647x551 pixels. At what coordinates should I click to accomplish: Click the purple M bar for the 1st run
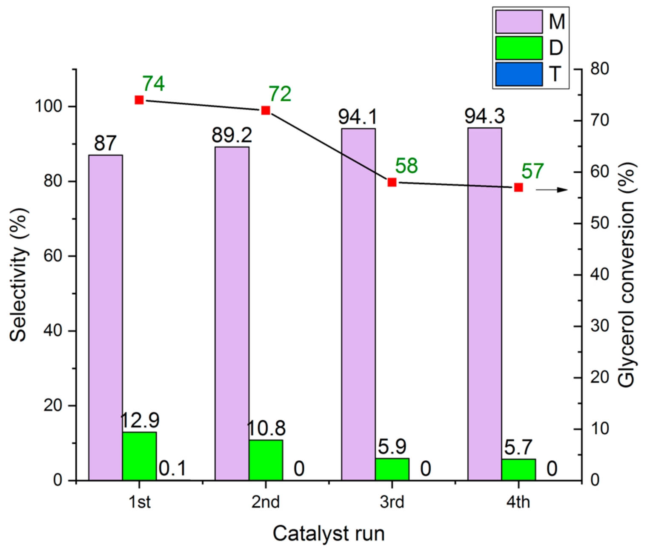[106, 317]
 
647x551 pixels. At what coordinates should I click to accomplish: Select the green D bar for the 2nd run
[266, 460]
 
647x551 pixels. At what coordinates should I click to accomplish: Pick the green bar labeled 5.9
[392, 469]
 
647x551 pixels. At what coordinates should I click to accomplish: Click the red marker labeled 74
[139, 100]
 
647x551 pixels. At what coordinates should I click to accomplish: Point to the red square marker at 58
[392, 182]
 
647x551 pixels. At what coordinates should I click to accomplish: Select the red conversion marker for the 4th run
[518, 187]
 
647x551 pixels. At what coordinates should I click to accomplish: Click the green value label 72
[280, 94]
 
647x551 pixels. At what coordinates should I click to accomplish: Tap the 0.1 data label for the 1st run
[172, 469]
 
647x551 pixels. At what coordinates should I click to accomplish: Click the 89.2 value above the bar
[232, 135]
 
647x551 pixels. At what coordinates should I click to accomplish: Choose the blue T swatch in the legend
[519, 74]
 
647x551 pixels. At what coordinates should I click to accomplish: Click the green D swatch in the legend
[519, 48]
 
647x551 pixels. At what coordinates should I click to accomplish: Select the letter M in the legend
[556, 22]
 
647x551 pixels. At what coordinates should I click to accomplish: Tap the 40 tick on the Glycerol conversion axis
[599, 275]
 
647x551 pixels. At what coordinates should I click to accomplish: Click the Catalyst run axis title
[328, 534]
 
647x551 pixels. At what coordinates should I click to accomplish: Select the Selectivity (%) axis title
[18, 275]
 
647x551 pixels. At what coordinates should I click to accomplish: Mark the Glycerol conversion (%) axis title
[626, 275]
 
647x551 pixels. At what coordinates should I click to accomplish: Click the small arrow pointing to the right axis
[552, 190]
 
